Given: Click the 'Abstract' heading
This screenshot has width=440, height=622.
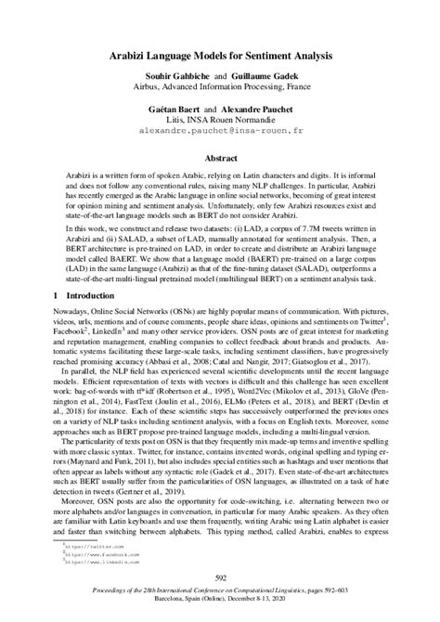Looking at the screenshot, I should (220, 158).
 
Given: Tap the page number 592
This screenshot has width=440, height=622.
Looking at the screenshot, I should (220, 579).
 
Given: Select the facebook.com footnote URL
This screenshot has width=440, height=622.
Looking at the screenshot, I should (88, 556).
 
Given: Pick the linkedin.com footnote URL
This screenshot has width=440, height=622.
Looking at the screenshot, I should (88, 564).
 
